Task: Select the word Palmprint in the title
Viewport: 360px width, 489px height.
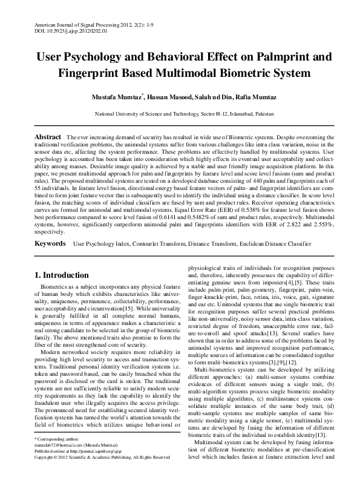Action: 283,59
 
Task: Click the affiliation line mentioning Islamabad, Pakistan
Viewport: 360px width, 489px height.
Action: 180,114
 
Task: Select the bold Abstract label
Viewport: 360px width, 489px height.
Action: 47,137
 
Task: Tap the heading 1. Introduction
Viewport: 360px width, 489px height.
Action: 62,275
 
